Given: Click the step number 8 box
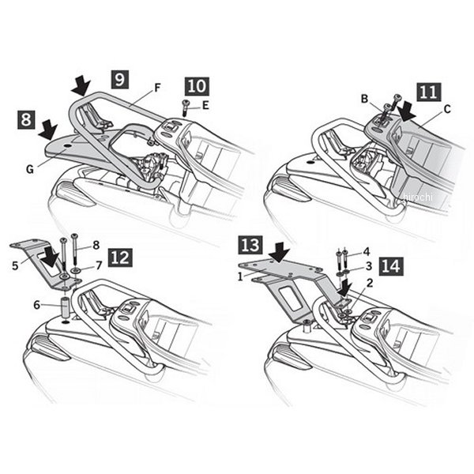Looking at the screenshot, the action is point(26,119).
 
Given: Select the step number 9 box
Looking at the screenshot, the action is point(120,80).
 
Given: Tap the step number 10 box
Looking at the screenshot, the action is point(197,86).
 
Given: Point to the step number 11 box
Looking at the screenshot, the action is point(429,92).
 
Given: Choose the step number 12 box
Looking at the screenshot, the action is point(120,258).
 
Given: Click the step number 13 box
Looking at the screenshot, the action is point(250,245).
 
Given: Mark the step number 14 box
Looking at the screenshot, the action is point(391,267).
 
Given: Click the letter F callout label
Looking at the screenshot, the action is point(157,88).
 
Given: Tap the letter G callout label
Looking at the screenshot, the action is point(30,169).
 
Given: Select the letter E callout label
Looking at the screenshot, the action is point(205,106).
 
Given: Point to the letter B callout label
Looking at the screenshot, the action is point(365,99).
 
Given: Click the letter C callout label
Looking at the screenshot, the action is point(447,109).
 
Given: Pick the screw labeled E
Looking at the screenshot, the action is point(185,108).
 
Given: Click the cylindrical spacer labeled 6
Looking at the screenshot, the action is point(66,307).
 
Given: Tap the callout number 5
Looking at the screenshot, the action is point(16,266).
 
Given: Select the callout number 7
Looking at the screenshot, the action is point(99,265).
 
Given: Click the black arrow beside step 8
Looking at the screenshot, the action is point(48,130).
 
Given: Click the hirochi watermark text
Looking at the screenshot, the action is point(418,197).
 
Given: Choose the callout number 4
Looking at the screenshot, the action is point(367,251).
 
